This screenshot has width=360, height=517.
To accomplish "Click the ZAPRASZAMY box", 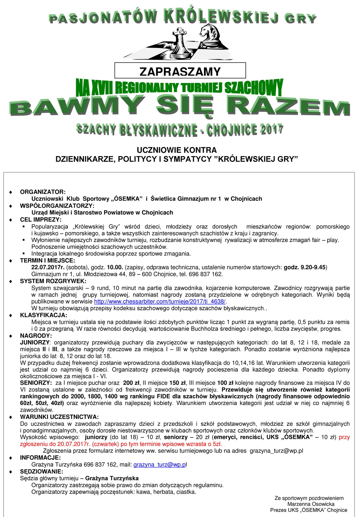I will coord(180,71).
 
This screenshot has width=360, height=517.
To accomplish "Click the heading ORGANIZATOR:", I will coord(43,192).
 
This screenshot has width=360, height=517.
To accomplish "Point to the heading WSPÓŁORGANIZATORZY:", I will coord(57,206).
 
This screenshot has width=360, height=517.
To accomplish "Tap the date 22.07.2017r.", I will coord(48,267).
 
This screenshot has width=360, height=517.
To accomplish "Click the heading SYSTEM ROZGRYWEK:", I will coord(53,281).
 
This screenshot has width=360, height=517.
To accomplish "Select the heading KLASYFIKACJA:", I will coord(43,315).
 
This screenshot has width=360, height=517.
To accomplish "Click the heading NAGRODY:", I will coord(36,336).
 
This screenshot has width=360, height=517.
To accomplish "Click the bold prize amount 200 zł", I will coord(131,383).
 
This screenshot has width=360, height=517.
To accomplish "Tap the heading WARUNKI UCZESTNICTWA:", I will coord(59,417).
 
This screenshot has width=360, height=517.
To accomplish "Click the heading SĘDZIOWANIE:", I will coord(42,471).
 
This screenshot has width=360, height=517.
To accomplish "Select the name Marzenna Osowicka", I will coord(311,504).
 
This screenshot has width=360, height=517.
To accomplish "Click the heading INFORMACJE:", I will coord(40,458).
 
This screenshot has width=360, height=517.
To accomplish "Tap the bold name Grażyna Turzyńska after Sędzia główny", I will coord(112,478).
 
